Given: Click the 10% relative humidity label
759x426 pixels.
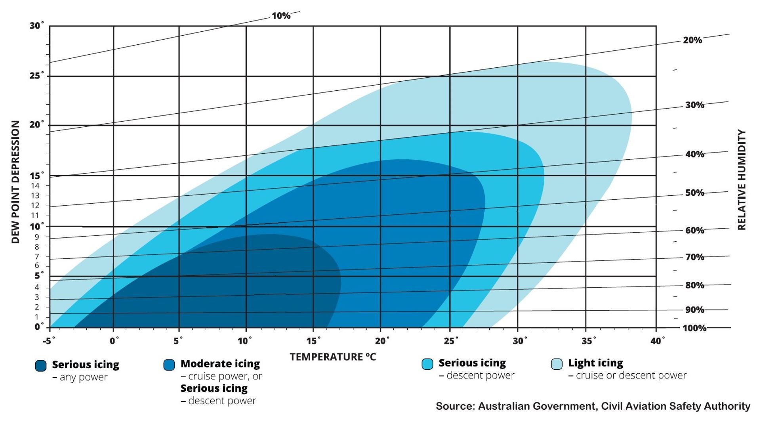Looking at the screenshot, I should (281, 16).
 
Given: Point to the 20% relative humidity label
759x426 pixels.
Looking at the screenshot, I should (692, 40).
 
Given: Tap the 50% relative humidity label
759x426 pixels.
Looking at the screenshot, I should (694, 193).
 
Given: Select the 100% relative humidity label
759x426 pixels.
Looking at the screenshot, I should (694, 328).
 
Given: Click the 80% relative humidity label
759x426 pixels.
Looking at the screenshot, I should (694, 285).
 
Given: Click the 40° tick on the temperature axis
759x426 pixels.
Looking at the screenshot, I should (657, 341).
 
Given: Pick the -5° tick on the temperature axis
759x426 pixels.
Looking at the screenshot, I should (49, 341).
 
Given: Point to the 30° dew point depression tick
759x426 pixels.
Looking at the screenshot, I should (36, 26).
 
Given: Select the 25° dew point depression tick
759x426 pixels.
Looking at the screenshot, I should (36, 75).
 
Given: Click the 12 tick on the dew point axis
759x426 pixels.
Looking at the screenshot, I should (35, 205).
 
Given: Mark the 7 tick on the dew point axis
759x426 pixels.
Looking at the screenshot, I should (37, 256).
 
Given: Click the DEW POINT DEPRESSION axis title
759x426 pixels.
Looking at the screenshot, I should (15, 182).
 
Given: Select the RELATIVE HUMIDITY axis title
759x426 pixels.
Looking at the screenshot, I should (742, 180).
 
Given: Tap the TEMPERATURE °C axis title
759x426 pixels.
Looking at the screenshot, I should (332, 357).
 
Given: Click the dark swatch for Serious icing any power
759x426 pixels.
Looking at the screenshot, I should (41, 366).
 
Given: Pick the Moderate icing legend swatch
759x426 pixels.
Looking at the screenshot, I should (169, 365).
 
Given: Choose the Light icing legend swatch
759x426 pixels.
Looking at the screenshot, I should (557, 364).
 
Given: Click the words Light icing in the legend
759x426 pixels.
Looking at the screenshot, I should (595, 363).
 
